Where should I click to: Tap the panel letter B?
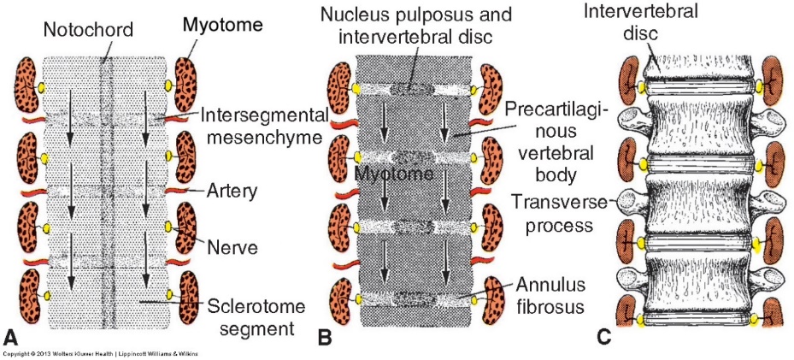tap(325, 336)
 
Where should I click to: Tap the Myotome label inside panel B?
tap(388, 174)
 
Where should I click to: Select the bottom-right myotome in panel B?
tap(497, 299)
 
